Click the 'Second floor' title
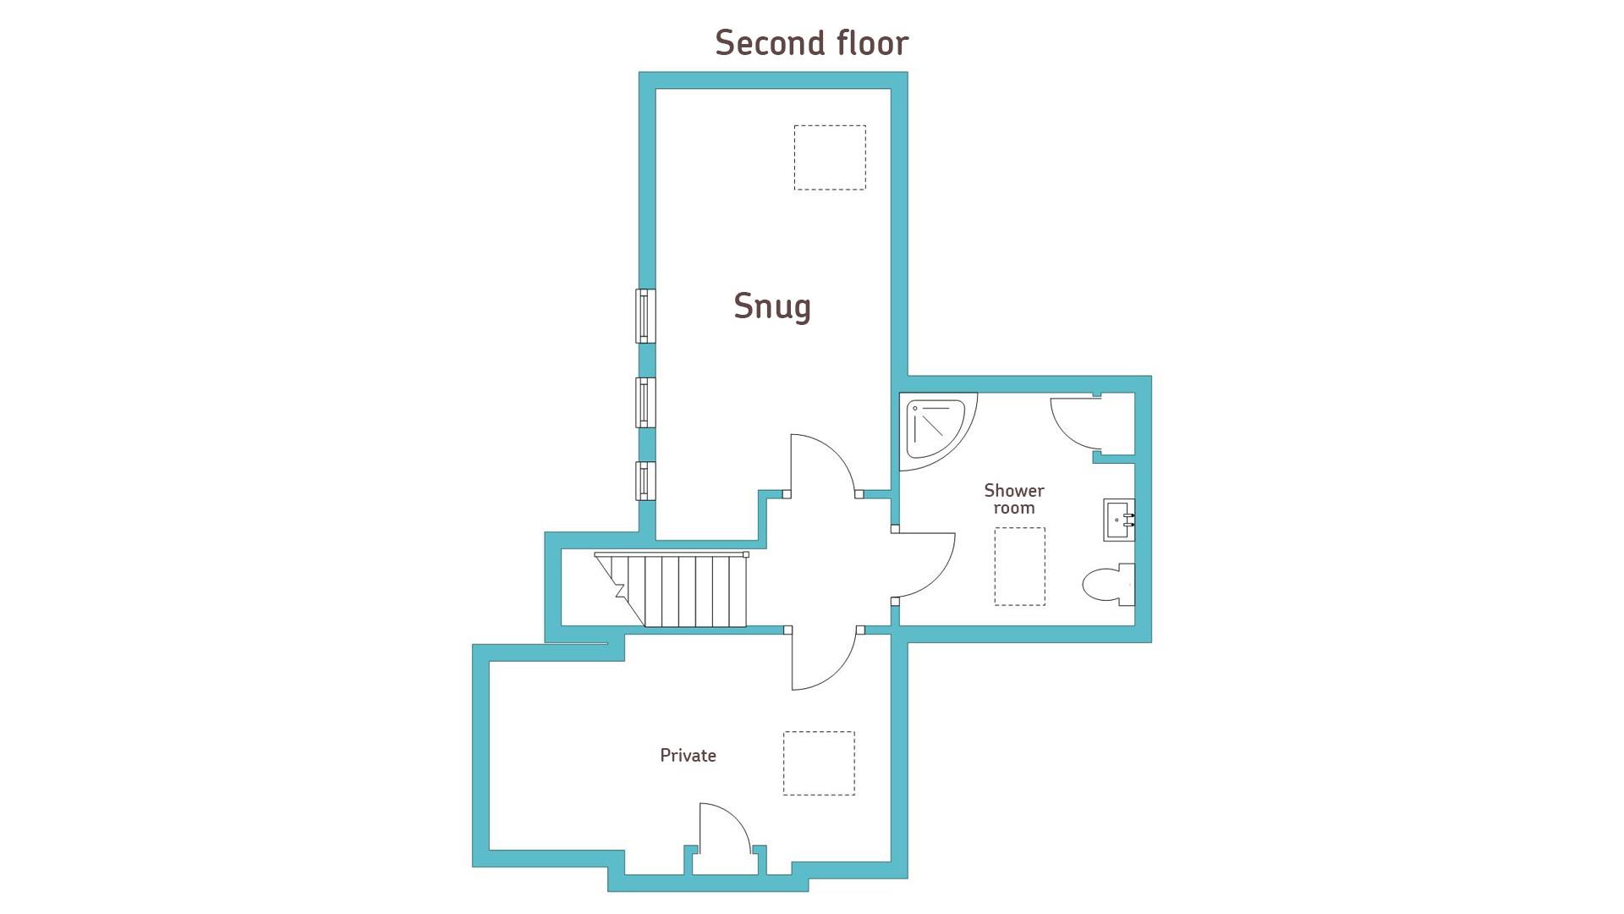(811, 43)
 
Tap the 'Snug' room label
(772, 306)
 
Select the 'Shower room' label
(1013, 499)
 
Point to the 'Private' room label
(688, 756)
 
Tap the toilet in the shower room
(1108, 584)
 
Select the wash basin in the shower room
(1118, 520)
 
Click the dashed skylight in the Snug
(830, 157)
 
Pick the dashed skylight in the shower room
(1020, 566)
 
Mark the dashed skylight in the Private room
(819, 763)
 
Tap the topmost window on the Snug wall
(645, 316)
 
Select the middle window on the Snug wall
(645, 403)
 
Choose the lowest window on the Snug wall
(645, 481)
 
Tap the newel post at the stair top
(746, 555)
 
